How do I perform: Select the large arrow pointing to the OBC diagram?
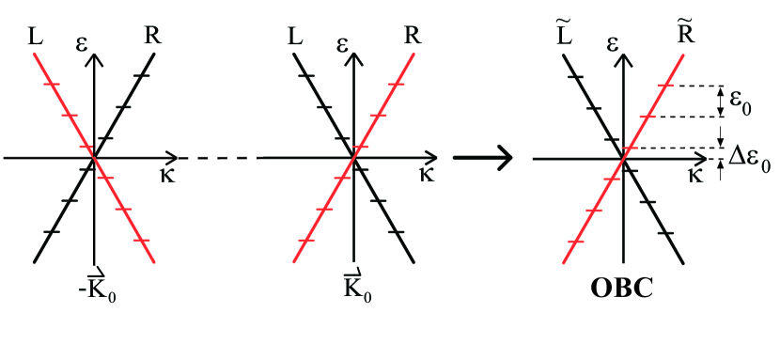pyautogui.click(x=482, y=157)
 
